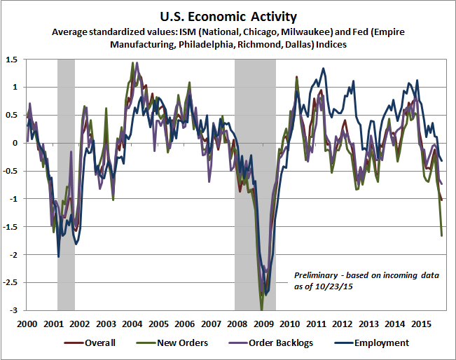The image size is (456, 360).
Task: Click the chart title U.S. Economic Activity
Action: pos(228,16)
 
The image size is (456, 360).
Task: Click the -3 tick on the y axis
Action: pos(15,310)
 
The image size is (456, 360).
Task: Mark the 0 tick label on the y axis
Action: pos(16,143)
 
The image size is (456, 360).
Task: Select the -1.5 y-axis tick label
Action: pos(11,227)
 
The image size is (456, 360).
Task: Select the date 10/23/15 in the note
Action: pos(328,286)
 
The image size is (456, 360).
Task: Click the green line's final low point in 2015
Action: pos(441,235)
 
